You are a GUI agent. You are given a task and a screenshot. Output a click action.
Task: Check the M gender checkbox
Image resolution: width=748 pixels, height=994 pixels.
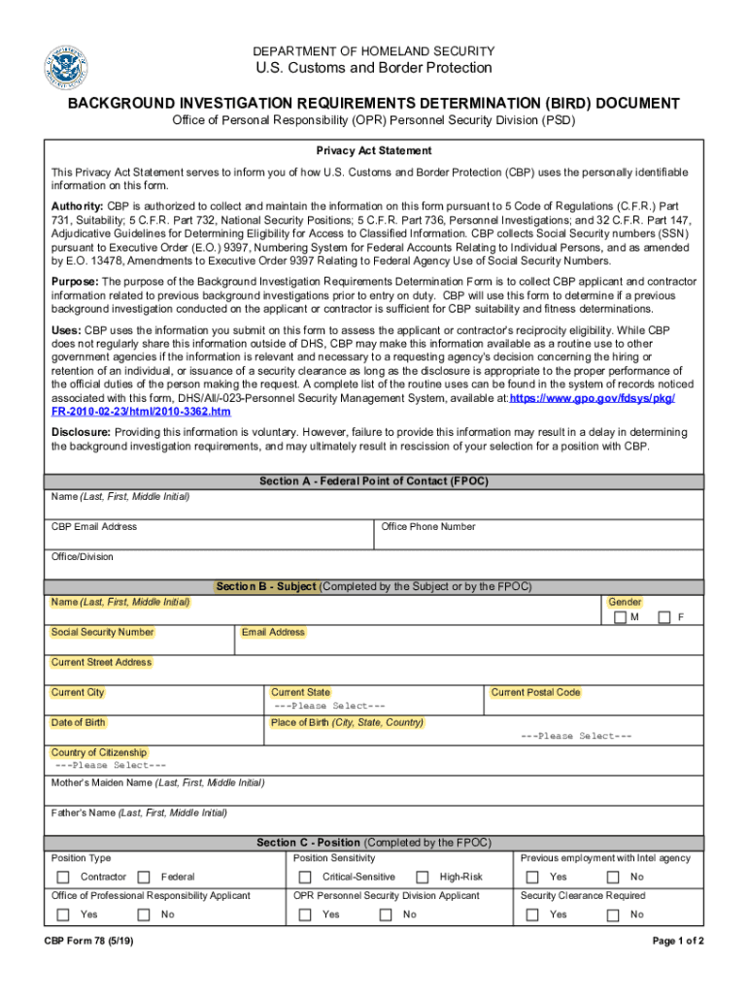point(620,617)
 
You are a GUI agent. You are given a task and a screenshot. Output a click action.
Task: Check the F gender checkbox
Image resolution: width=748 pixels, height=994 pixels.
point(664,617)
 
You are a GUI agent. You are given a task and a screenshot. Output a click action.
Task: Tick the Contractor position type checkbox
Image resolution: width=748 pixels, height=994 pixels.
point(63,878)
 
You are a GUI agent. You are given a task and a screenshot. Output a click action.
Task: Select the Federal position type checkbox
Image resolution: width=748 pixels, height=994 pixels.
point(144,878)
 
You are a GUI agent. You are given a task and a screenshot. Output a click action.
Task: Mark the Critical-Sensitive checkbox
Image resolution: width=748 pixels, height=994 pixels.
point(305,878)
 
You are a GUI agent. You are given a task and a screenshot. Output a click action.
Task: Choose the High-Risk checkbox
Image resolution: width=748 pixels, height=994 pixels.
point(423,878)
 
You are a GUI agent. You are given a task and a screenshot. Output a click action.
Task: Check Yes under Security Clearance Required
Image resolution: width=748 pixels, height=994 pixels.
point(532,914)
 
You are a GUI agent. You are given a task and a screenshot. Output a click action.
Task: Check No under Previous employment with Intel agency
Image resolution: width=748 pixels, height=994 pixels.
point(613,878)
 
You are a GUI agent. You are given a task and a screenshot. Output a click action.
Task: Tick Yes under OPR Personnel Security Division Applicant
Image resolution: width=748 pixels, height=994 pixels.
point(305,914)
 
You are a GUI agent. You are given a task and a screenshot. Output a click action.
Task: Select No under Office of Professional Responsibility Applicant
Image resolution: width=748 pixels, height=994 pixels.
point(144,914)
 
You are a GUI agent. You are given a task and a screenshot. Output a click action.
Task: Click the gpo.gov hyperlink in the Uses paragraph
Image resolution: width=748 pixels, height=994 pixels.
point(592,399)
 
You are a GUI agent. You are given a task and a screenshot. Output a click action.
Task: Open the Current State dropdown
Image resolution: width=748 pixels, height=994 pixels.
point(329,706)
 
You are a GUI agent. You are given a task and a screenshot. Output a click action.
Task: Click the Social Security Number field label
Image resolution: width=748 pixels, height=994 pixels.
point(102,632)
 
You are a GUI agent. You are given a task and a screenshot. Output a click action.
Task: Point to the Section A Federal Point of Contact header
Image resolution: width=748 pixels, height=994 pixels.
point(373,481)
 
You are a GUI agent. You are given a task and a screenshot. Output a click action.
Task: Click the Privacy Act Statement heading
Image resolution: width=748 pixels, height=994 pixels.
point(373,151)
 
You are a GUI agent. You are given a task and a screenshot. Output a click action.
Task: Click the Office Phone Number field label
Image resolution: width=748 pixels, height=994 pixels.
point(428,527)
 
